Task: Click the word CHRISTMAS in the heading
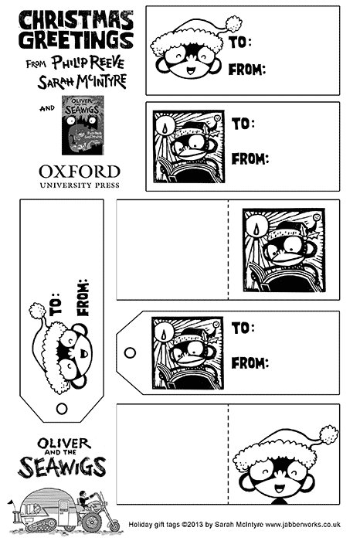[x=76, y=20]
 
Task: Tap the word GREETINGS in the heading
[x=76, y=40]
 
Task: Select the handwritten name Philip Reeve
[x=88, y=63]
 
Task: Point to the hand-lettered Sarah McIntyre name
[x=82, y=81]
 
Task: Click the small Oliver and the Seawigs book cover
[x=83, y=125]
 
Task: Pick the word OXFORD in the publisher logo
[x=80, y=172]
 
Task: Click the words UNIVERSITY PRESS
[x=80, y=185]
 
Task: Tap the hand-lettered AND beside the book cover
[x=47, y=108]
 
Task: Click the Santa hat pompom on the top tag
[x=233, y=23]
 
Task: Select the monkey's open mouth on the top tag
[x=191, y=71]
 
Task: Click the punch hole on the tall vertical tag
[x=62, y=409]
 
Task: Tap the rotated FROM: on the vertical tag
[x=83, y=298]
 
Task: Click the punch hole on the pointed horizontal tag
[x=130, y=353]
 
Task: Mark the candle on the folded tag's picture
[x=256, y=229]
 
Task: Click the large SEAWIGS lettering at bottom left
[x=62, y=467]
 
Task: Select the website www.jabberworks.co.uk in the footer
[x=303, y=525]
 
